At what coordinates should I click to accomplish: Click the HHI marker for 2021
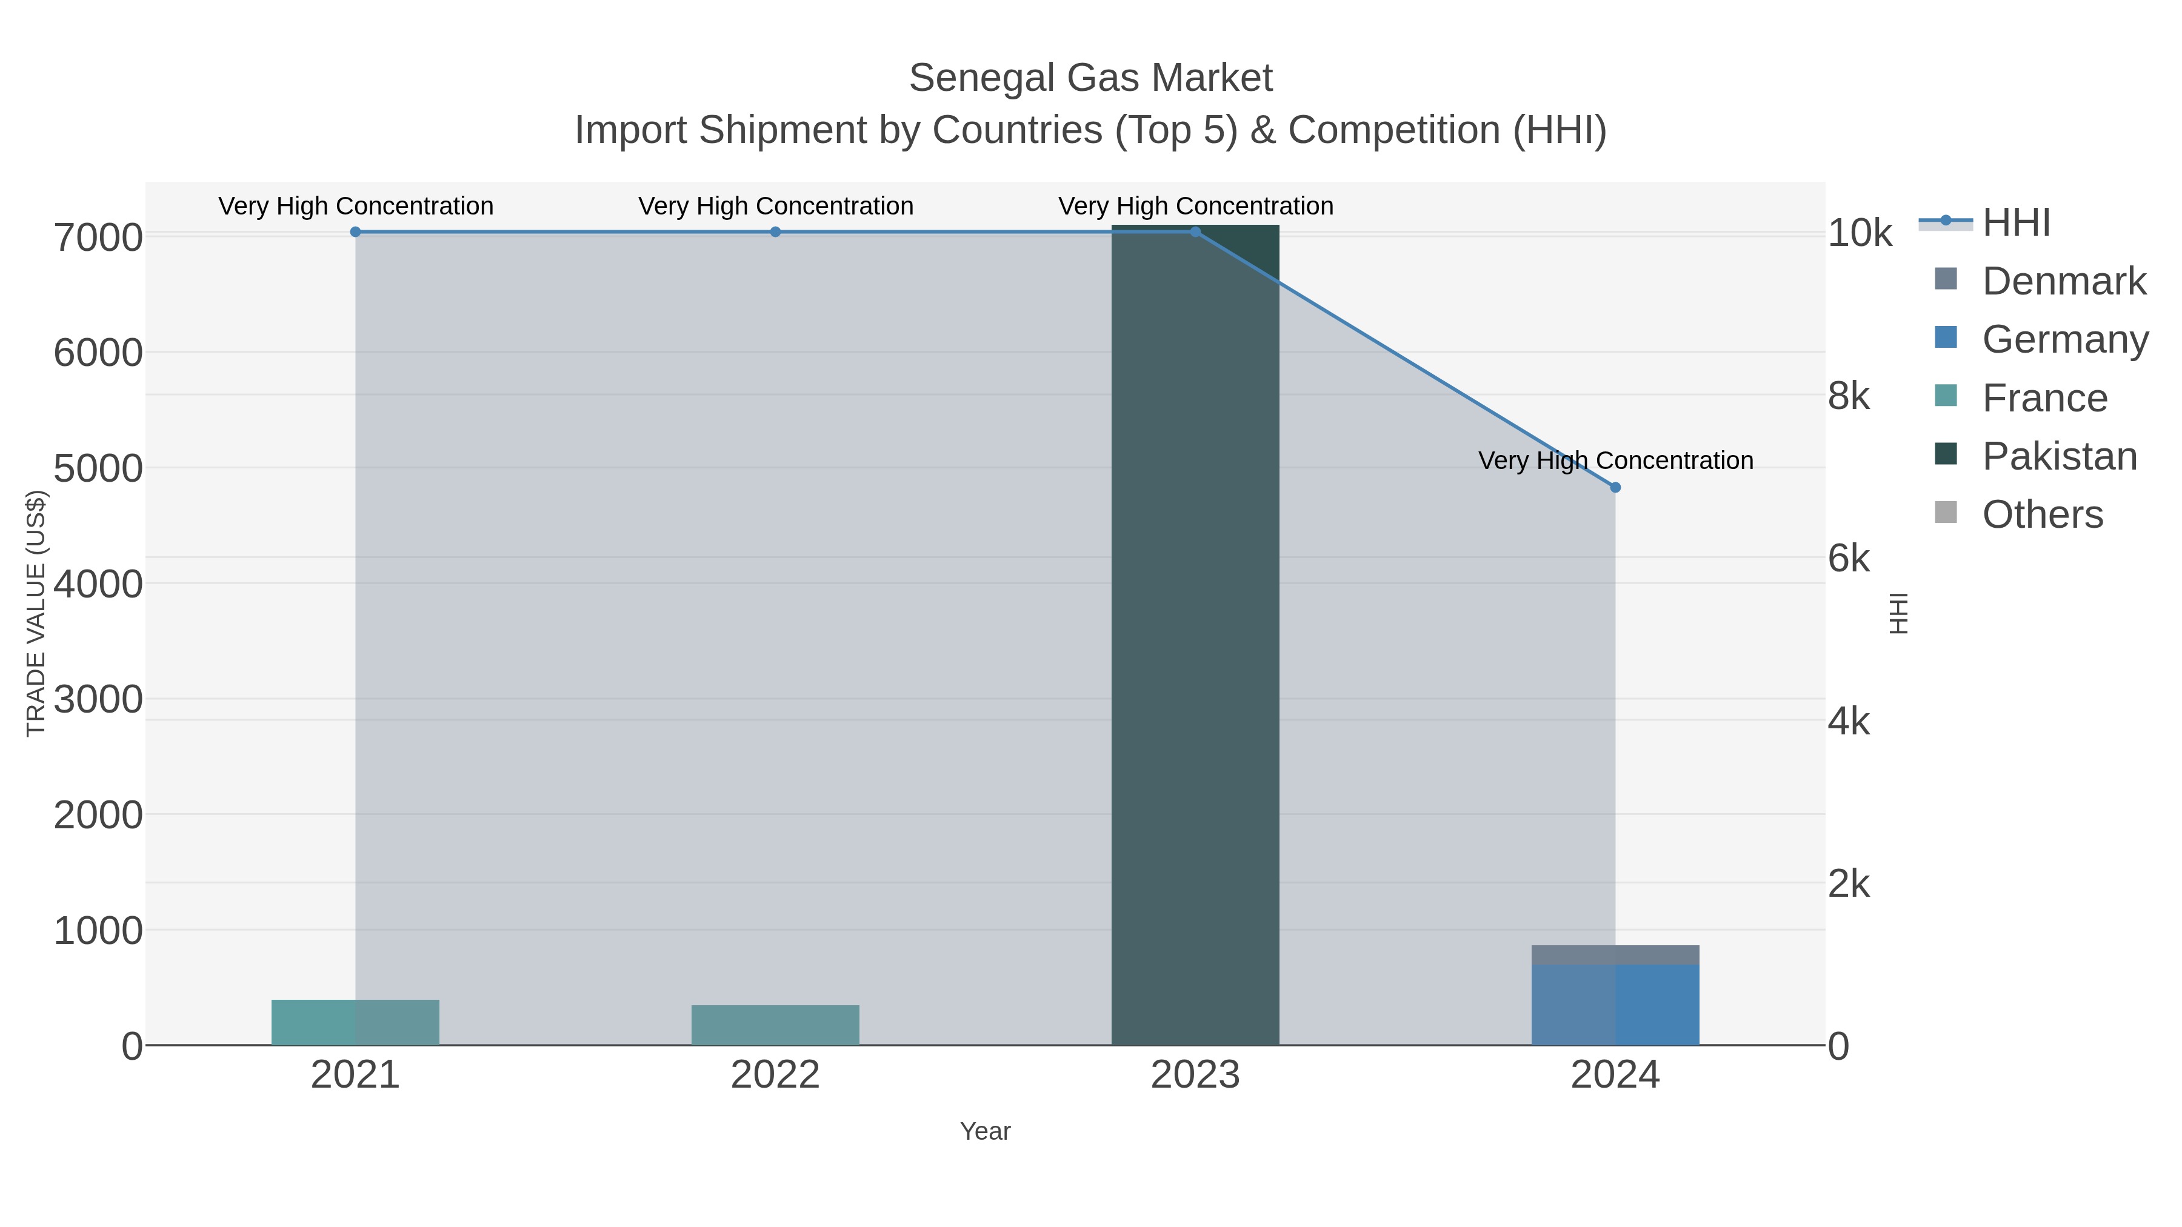point(355,232)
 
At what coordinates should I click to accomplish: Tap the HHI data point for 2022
point(775,232)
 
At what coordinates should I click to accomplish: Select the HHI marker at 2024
point(1615,488)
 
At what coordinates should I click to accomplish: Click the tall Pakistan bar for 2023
point(1194,635)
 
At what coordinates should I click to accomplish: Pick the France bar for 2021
point(355,1022)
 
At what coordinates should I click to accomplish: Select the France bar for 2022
point(775,1025)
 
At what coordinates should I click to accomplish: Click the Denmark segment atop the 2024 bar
point(1615,955)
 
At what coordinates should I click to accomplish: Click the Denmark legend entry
point(2063,281)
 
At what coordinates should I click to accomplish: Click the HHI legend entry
point(2016,223)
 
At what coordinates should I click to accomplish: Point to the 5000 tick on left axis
point(98,468)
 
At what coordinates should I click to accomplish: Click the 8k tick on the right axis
point(1848,396)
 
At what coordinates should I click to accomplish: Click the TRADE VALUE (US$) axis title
point(36,613)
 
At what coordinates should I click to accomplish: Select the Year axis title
point(984,1131)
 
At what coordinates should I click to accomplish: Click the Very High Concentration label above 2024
point(1615,461)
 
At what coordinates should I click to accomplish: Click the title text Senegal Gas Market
point(1090,78)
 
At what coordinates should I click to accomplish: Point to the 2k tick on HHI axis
point(1848,884)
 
